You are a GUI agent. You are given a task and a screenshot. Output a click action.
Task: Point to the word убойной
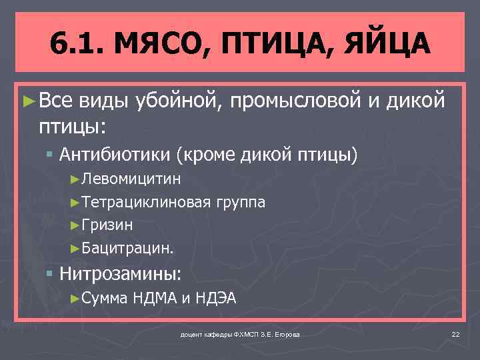point(176,101)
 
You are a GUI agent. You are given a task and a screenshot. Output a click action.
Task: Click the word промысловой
point(296,101)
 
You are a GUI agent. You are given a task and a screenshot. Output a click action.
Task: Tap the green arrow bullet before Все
point(28,101)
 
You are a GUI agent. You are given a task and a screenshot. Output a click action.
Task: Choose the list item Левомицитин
point(130,179)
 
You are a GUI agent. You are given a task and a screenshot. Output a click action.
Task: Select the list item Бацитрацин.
point(127,248)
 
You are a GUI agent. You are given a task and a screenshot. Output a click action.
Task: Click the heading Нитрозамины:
point(120,273)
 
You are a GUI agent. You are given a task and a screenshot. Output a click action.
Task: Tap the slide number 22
point(456,333)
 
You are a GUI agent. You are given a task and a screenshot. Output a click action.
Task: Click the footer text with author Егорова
point(240,333)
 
